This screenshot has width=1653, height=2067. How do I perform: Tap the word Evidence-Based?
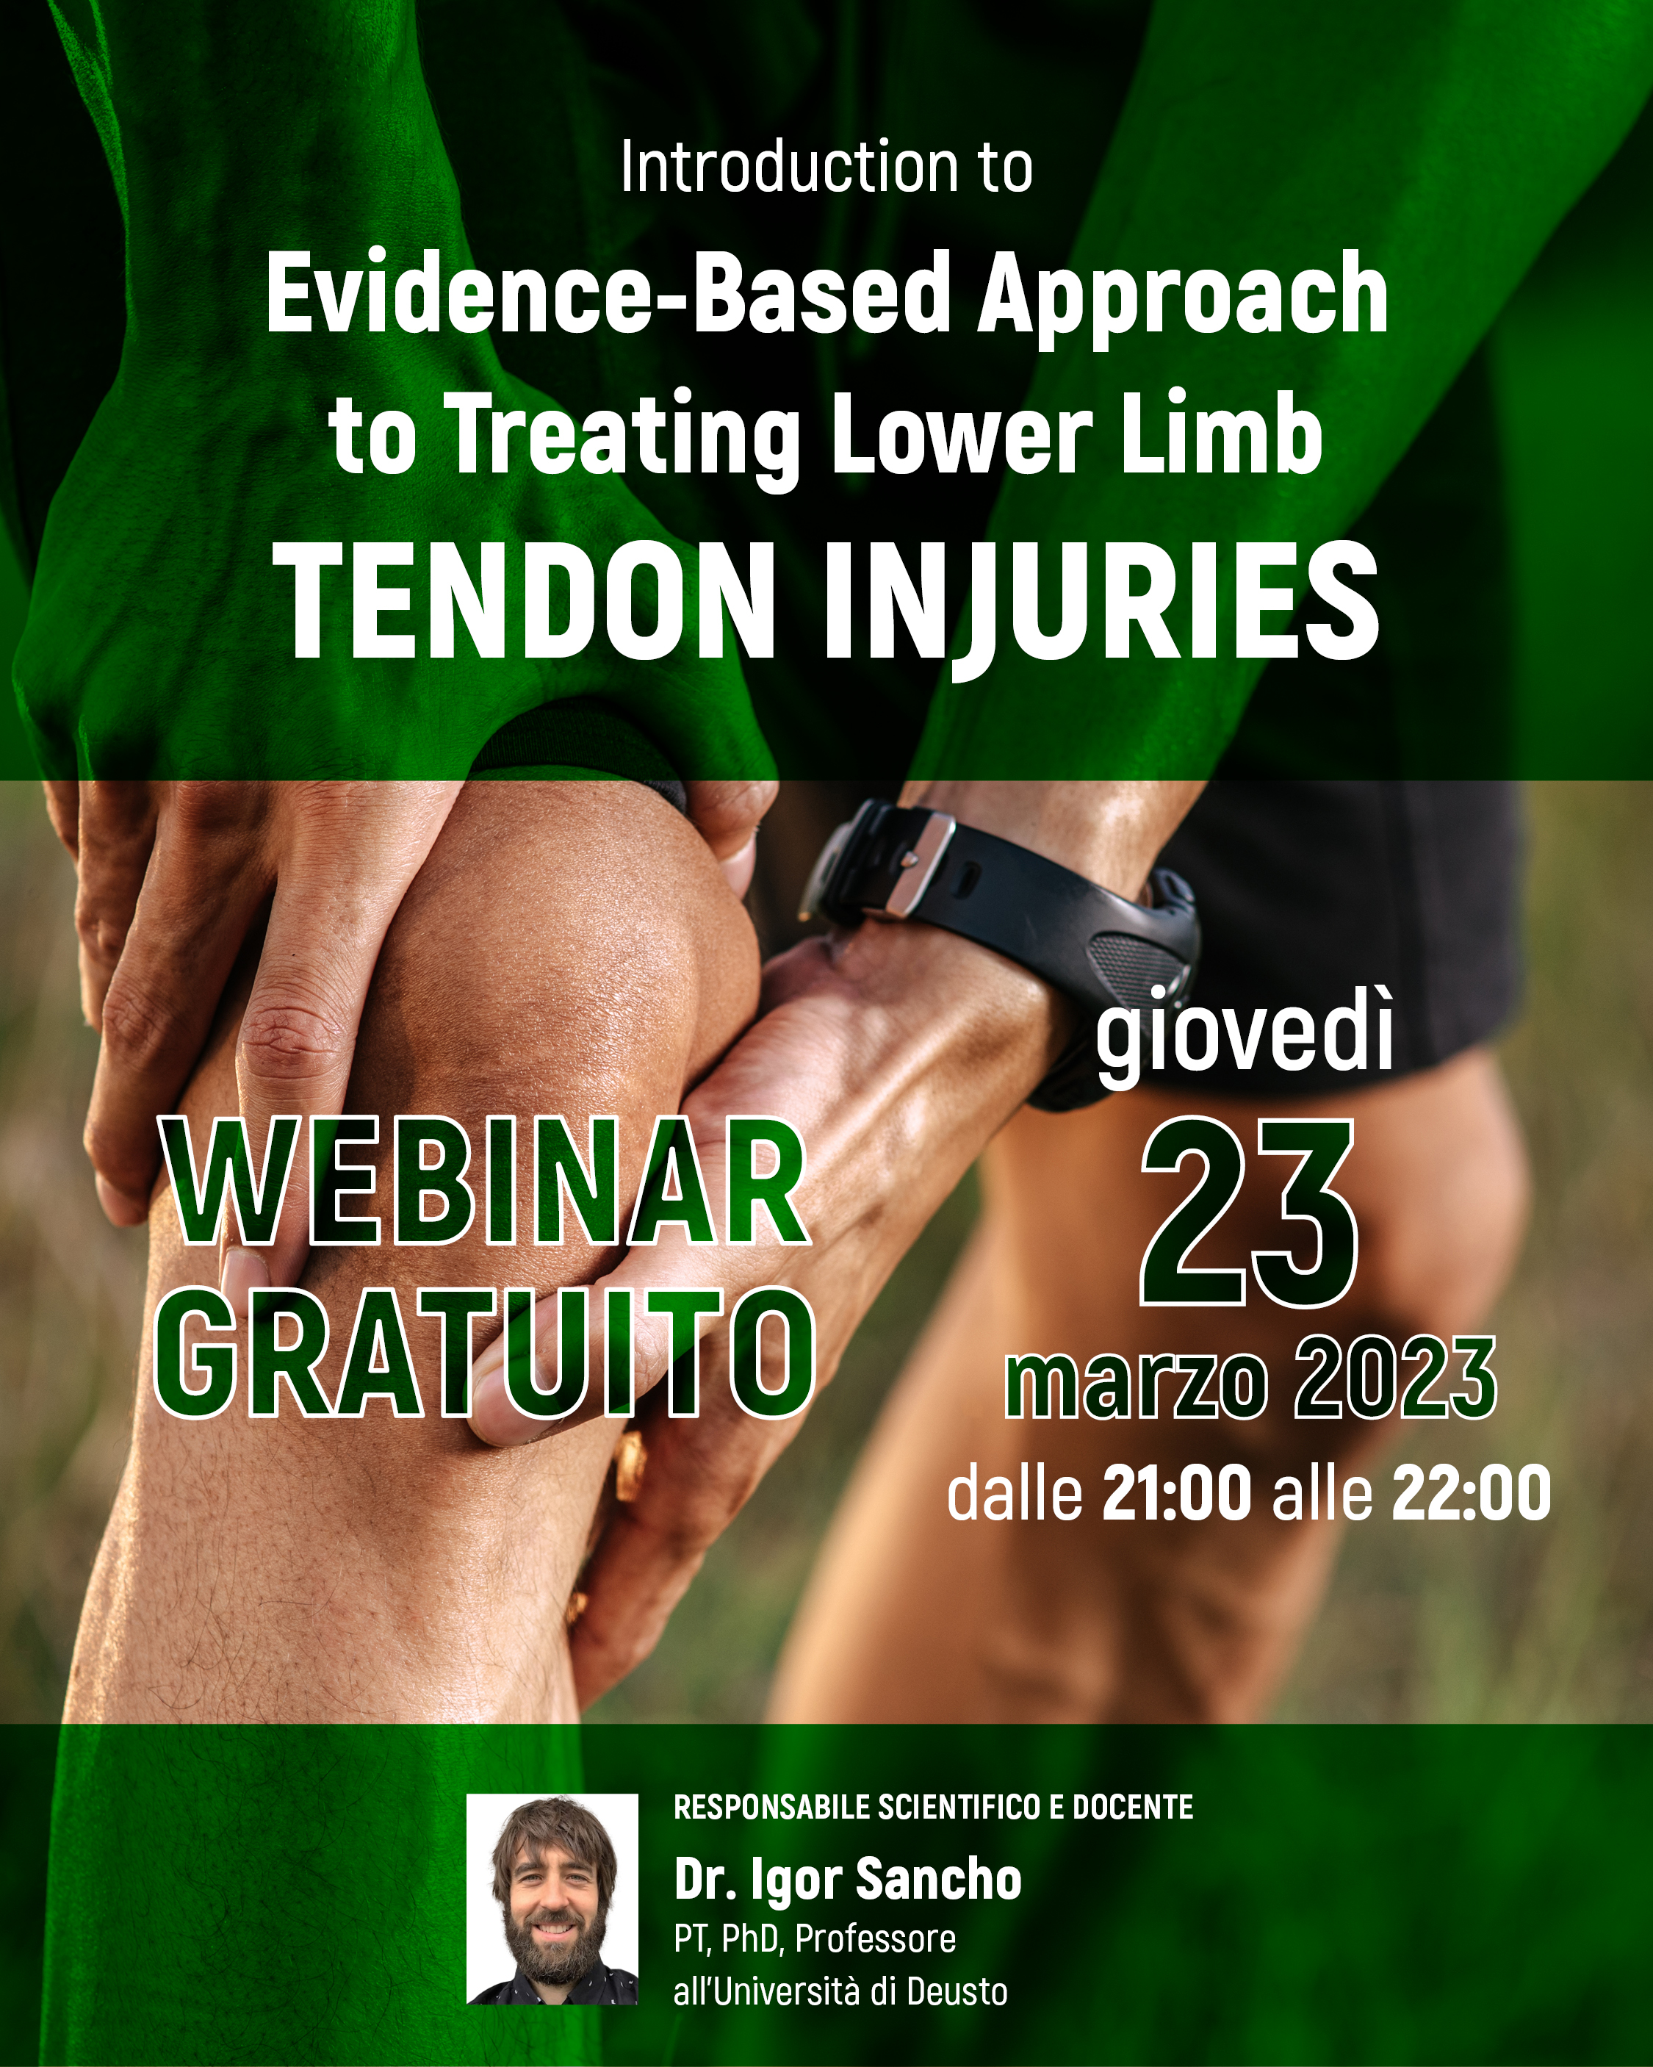[607, 292]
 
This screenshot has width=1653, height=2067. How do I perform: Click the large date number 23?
[1247, 1212]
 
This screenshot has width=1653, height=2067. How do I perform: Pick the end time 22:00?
[1472, 1492]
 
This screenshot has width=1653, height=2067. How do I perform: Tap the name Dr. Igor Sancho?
[848, 1880]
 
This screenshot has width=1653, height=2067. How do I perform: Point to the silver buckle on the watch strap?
[918, 863]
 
